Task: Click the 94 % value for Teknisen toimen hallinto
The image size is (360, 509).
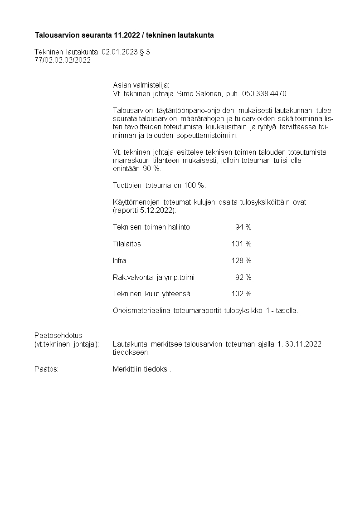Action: (243, 227)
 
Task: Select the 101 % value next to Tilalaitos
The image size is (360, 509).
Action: (241, 244)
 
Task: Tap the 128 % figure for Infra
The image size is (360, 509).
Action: (241, 261)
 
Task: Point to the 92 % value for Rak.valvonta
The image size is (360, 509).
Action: (243, 277)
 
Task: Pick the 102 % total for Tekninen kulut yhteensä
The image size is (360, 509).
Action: (241, 294)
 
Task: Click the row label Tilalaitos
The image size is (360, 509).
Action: (126, 244)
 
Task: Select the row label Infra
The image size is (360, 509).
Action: (119, 261)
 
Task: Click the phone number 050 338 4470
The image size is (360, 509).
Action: (264, 94)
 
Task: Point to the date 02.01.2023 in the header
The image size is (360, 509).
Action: (119, 52)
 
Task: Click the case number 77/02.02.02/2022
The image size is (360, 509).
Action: (63, 60)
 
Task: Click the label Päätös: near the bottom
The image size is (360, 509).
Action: (46, 369)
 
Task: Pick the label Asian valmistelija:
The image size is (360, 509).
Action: (141, 85)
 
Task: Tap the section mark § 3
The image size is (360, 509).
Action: (145, 52)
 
